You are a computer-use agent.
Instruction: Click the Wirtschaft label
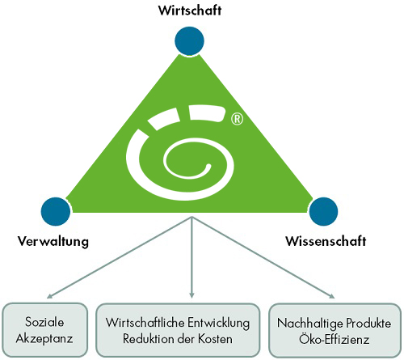pyautogui.click(x=190, y=11)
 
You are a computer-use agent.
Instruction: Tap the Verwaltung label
pyautogui.click(x=53, y=241)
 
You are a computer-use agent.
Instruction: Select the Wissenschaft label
pyautogui.click(x=326, y=241)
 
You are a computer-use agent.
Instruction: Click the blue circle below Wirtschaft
pyautogui.click(x=189, y=41)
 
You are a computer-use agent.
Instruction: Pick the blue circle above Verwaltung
pyautogui.click(x=56, y=212)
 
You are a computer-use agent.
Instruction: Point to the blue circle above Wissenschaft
pyautogui.click(x=323, y=211)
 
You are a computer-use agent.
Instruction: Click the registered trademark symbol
pyautogui.click(x=237, y=119)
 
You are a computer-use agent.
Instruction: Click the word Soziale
pyautogui.click(x=44, y=322)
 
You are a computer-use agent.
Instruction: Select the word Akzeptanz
pyautogui.click(x=44, y=339)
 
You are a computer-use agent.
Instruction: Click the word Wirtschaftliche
pyautogui.click(x=145, y=323)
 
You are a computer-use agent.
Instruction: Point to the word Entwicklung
pyautogui.click(x=219, y=323)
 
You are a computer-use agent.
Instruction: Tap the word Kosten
pyautogui.click(x=215, y=339)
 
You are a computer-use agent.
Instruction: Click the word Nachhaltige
pyautogui.click(x=309, y=324)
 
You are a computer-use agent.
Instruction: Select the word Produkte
pyautogui.click(x=368, y=323)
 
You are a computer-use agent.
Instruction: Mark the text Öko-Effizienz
pyautogui.click(x=334, y=339)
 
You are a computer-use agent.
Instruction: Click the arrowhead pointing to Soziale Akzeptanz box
pyautogui.click(x=50, y=296)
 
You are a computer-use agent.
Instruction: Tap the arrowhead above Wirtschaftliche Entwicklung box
pyautogui.click(x=191, y=295)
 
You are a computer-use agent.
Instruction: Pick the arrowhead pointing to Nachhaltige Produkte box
pyautogui.click(x=331, y=296)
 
